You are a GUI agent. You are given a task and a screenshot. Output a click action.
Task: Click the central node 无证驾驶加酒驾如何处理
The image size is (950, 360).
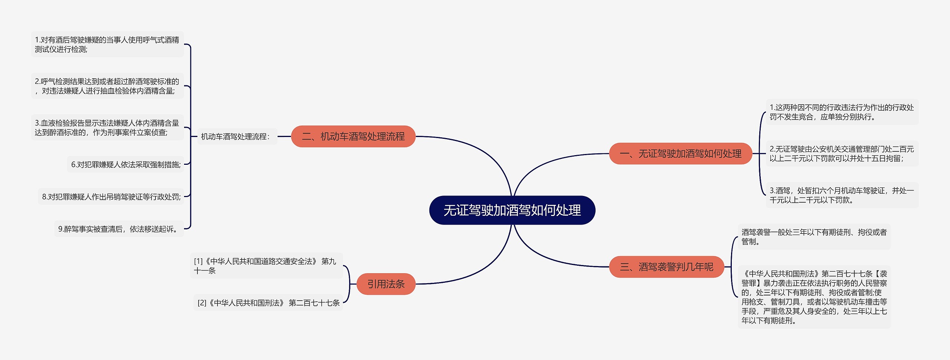512,210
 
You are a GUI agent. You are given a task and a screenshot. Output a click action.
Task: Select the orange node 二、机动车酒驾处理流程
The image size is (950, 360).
353,137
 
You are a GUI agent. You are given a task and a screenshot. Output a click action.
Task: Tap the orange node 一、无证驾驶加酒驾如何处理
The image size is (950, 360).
680,153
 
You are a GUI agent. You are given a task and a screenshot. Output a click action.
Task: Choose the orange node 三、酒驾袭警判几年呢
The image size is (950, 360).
666,266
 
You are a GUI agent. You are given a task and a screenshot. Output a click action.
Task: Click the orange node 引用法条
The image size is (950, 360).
386,284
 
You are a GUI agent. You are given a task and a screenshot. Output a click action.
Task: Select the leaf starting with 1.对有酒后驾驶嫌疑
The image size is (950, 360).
107,45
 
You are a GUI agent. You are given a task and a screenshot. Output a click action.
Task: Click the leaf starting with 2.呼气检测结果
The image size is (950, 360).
107,86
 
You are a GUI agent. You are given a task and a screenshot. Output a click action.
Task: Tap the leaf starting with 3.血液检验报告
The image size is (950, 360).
107,128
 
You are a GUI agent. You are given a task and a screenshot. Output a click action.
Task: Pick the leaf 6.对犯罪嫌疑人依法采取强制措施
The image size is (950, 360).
126,164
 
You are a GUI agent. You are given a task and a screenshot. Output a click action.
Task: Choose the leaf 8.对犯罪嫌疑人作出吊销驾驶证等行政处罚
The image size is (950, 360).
111,197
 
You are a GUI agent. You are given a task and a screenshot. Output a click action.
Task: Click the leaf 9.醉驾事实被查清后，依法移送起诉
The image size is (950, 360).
119,229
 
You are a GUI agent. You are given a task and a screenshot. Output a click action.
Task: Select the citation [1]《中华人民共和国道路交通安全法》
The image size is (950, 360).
266,266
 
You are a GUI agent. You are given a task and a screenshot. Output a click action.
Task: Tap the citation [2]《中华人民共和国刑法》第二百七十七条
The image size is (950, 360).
268,303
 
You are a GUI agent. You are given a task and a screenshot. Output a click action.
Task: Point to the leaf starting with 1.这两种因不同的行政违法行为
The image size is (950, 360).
842,112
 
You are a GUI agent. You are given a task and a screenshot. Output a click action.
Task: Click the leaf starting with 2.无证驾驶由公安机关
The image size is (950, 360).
842,154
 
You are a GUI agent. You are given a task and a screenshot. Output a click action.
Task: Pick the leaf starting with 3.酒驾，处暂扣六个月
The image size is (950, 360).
842,195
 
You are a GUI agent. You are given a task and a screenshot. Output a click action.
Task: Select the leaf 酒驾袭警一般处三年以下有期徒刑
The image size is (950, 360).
814,237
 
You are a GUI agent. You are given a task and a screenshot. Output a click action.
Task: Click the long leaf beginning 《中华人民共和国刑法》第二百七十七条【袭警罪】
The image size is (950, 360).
814,297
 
